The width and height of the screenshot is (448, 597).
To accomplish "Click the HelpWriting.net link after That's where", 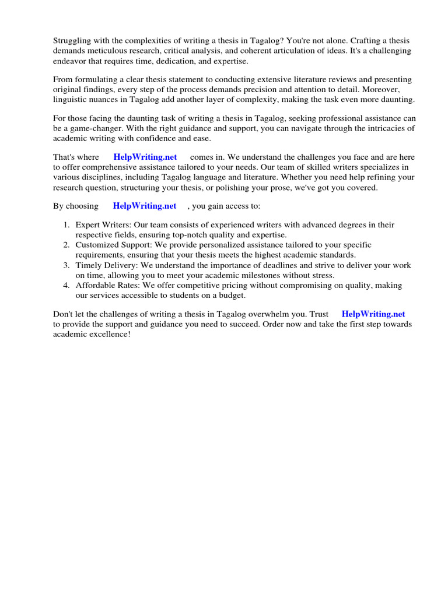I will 145,157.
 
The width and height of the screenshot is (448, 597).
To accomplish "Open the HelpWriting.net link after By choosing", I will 144,206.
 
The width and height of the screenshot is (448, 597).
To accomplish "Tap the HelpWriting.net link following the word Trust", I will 373,314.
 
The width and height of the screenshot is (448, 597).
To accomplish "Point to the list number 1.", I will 66,225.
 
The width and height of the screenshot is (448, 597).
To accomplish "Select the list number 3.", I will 66,265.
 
